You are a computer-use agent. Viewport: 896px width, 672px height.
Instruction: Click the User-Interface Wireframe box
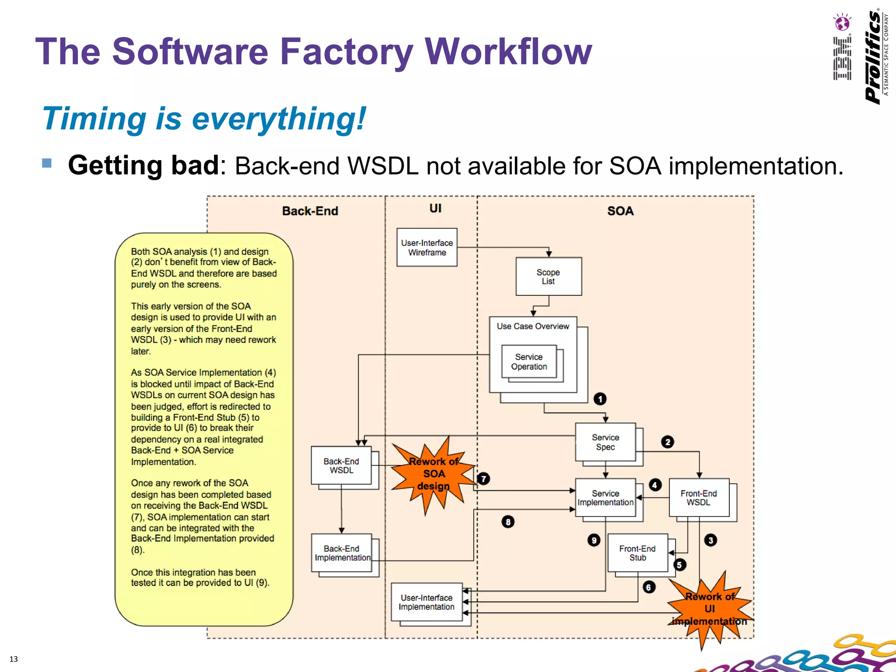click(x=427, y=247)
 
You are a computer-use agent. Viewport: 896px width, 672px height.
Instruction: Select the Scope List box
click(x=548, y=276)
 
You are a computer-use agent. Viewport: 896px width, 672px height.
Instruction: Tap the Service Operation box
click(x=528, y=362)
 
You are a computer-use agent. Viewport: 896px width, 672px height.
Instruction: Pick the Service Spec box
click(x=605, y=442)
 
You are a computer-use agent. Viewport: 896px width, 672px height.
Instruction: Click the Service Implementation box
click(x=605, y=498)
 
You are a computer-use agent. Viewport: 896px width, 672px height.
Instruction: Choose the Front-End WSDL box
click(x=699, y=498)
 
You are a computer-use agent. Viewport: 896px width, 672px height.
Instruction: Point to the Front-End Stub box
click(x=637, y=553)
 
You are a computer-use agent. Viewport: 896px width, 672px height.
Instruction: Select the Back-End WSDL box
click(x=341, y=465)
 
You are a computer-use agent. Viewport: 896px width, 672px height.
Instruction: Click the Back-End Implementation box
click(x=341, y=553)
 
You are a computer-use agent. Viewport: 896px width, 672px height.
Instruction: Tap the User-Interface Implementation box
click(x=427, y=602)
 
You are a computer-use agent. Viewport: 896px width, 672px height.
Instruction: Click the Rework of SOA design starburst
click(x=433, y=474)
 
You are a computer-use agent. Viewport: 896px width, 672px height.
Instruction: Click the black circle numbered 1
click(x=600, y=399)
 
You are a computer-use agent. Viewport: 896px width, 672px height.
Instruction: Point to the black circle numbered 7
click(x=483, y=479)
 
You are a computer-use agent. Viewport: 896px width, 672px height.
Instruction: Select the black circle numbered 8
click(x=508, y=521)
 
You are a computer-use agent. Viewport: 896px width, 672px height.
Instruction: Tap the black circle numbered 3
click(x=710, y=540)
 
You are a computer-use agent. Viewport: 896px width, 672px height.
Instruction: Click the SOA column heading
click(x=620, y=211)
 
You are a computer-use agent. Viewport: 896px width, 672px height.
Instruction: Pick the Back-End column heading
click(x=310, y=211)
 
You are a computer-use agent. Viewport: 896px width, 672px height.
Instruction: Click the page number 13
click(x=14, y=659)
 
